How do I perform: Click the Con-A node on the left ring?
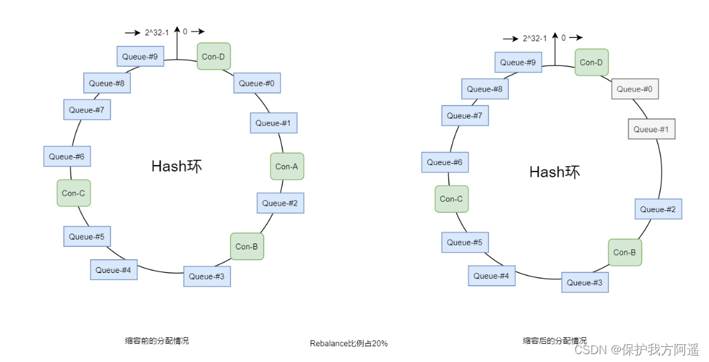[286, 166]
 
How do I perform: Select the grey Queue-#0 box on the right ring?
[635, 89]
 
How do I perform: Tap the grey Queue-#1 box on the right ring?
[651, 129]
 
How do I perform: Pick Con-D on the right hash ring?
[591, 63]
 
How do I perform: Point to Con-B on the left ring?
[247, 246]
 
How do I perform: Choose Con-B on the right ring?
[625, 252]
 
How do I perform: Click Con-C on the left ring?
[73, 193]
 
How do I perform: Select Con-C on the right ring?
[451, 199]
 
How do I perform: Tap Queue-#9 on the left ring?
[140, 56]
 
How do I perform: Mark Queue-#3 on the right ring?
[585, 282]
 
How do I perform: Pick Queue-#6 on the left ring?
[67, 156]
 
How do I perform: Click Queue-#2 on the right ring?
[658, 209]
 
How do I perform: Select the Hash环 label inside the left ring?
[177, 166]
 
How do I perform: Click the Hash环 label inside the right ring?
[555, 172]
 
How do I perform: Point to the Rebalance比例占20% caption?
[349, 343]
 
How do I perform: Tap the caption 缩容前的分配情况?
[157, 340]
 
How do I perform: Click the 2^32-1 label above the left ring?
[157, 31]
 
